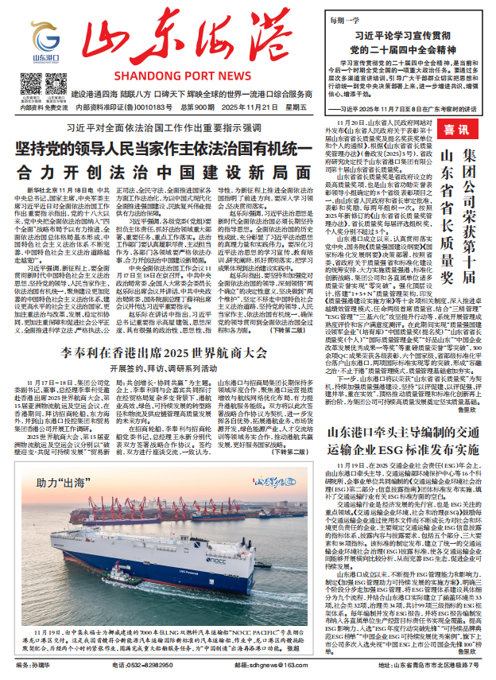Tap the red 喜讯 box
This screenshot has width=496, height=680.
click(x=455, y=129)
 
